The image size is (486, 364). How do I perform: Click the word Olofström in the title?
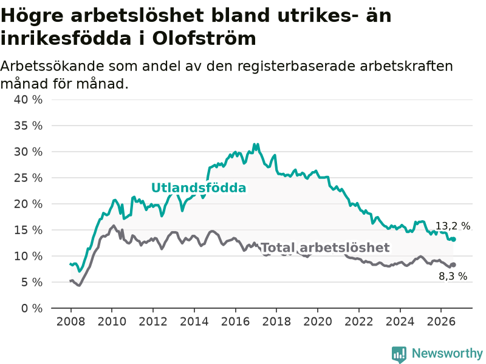(204, 39)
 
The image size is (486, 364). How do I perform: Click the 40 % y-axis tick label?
(28, 99)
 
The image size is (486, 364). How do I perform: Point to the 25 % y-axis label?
(28, 178)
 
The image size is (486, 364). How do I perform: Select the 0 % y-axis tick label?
(32, 308)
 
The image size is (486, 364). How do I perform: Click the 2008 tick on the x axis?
(70, 322)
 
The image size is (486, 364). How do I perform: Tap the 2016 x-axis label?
(235, 322)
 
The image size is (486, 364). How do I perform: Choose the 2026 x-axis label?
(441, 322)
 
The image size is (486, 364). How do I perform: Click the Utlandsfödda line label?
(199, 188)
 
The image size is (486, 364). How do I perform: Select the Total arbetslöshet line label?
(325, 248)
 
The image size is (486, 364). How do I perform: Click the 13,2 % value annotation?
(453, 226)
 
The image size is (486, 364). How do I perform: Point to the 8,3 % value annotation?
(453, 276)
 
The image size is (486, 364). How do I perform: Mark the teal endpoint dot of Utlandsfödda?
(454, 239)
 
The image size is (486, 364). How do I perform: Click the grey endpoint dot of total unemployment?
(454, 265)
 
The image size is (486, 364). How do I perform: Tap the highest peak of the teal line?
(255, 144)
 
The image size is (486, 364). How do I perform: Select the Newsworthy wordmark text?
(447, 353)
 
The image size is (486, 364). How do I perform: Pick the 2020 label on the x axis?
(318, 322)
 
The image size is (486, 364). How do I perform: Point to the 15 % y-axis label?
(28, 230)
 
